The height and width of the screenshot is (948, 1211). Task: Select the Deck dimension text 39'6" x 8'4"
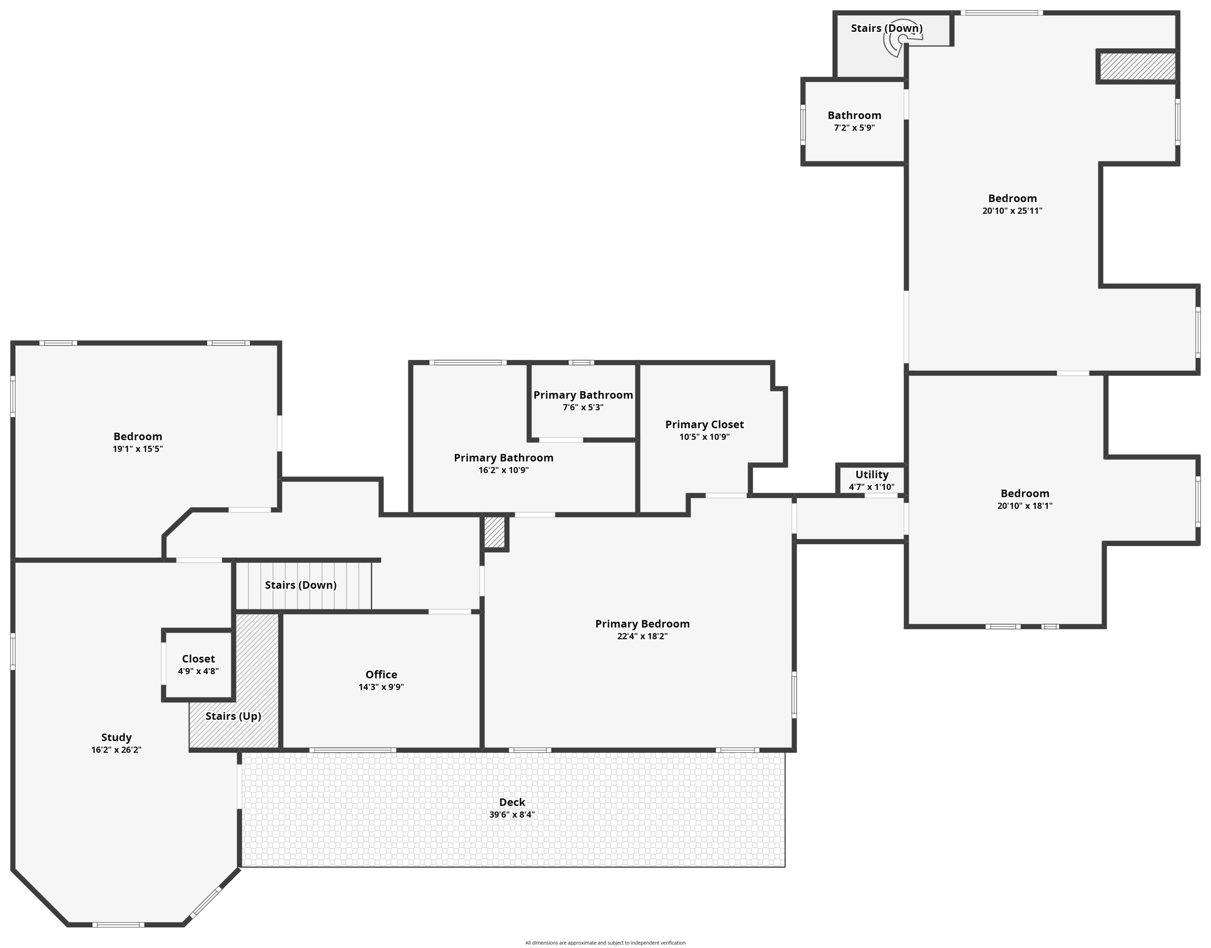click(x=511, y=815)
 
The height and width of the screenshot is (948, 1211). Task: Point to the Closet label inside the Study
click(x=198, y=659)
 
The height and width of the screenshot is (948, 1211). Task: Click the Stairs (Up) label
click(x=233, y=716)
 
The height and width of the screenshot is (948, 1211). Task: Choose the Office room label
click(x=381, y=674)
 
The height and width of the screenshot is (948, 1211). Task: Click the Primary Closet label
click(x=704, y=425)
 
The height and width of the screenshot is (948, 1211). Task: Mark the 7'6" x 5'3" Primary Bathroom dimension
click(x=582, y=407)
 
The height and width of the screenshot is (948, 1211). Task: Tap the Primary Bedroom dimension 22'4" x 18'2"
click(x=642, y=636)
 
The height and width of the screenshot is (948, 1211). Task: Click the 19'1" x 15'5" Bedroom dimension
click(x=138, y=449)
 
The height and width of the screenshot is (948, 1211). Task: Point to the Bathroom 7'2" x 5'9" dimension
click(x=854, y=127)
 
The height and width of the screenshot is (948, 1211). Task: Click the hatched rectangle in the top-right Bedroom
click(x=1137, y=66)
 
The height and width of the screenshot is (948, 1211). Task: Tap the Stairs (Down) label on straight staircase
click(x=300, y=585)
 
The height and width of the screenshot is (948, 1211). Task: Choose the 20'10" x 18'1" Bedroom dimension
click(x=1025, y=505)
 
